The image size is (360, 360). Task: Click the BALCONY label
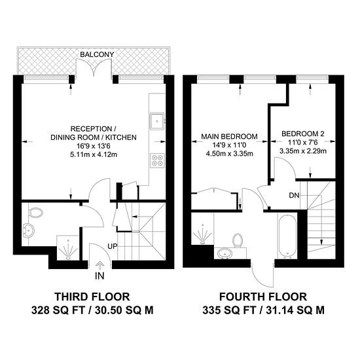click(x=97, y=54)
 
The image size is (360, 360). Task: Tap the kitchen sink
click(x=157, y=121)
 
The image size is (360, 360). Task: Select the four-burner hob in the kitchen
click(x=157, y=160)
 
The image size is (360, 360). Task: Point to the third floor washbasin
click(x=28, y=230)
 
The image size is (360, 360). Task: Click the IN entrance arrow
click(x=99, y=265)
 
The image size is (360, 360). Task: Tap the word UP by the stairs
click(x=113, y=246)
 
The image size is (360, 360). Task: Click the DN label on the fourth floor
click(x=294, y=196)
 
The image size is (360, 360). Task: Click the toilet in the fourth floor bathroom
click(x=238, y=241)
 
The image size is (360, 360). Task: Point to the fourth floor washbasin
click(x=225, y=253)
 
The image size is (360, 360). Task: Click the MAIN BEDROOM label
click(x=229, y=136)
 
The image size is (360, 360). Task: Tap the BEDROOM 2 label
click(x=303, y=134)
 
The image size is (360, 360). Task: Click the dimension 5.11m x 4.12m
click(x=94, y=154)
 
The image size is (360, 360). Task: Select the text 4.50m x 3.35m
click(x=230, y=153)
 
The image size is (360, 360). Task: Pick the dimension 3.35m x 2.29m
click(x=303, y=151)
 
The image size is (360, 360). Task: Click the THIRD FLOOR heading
click(x=92, y=297)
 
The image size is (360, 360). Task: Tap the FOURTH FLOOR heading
click(x=263, y=297)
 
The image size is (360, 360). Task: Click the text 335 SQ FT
click(x=229, y=311)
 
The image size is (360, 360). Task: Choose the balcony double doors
click(x=94, y=67)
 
